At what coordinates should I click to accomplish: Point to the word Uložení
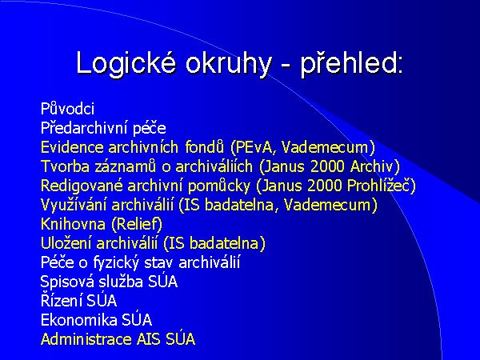click(64, 243)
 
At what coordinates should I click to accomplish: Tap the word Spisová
click(66, 282)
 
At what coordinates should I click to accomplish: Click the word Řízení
click(61, 301)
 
